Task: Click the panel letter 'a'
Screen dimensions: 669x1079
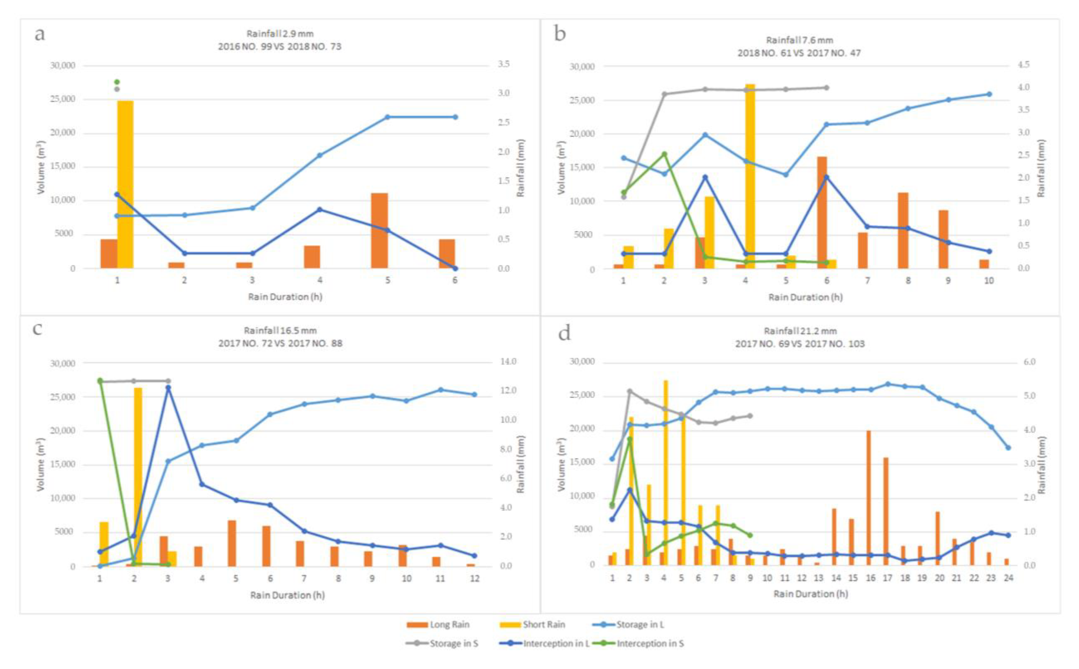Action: tap(40, 34)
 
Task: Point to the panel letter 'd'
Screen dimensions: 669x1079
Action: tap(564, 333)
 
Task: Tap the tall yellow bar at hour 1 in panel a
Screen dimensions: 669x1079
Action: tap(125, 184)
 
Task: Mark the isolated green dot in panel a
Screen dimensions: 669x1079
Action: tap(117, 82)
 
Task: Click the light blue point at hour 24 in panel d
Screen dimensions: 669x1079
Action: tap(1008, 448)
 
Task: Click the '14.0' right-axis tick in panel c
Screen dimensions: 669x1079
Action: tap(508, 362)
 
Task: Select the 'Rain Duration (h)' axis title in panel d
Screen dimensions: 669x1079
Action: tap(811, 594)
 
